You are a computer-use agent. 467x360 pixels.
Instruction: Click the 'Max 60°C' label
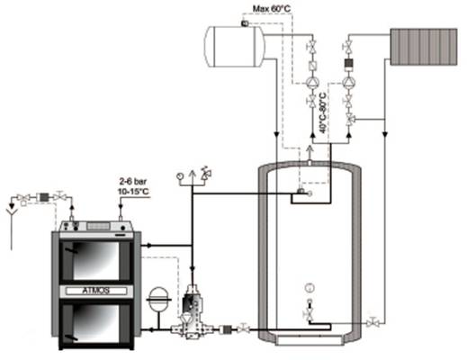coord(272,9)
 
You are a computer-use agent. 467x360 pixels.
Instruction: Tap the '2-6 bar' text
coord(133,182)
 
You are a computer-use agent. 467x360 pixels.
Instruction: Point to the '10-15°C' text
coord(133,192)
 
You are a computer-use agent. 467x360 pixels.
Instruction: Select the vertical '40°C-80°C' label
coord(322,112)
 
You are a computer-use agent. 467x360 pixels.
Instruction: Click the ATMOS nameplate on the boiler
coord(96,291)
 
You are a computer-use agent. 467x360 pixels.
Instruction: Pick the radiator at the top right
coord(424,47)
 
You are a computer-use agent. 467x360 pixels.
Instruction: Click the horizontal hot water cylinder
coord(235,47)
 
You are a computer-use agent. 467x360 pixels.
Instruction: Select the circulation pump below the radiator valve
coord(348,82)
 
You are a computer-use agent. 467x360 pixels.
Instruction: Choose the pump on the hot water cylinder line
coord(312,83)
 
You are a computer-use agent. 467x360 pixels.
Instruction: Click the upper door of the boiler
coord(96,260)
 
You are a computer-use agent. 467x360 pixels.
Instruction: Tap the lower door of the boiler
coord(96,323)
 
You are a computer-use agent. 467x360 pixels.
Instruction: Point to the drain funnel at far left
coord(12,211)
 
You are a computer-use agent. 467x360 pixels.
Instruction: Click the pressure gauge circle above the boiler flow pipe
coord(180,176)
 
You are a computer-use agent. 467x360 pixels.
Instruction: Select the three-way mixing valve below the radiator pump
coord(349,119)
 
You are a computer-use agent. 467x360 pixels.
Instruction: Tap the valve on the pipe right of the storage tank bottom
coord(373,322)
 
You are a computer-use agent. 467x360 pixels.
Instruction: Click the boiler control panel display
coord(98,226)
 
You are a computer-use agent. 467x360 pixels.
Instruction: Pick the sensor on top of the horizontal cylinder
coord(244,23)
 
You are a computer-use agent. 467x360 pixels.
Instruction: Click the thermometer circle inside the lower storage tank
coord(310,288)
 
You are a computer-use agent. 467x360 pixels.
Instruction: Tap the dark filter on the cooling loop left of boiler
coord(44,197)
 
